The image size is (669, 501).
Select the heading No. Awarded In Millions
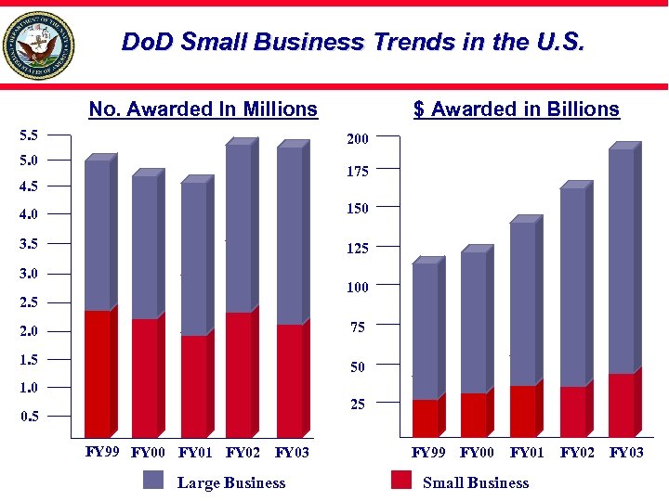pos(203,109)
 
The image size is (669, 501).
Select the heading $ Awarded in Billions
pos(517,109)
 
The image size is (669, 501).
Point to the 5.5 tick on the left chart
pos(30,135)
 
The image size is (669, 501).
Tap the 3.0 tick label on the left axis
pos(30,274)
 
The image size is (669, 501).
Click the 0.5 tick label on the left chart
pos(30,416)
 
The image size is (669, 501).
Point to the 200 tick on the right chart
pos(358,139)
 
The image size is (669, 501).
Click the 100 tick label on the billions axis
pos(358,288)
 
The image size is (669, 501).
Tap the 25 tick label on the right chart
pos(358,405)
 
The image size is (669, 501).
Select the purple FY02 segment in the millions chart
pos(238,228)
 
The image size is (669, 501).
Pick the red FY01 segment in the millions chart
pos(193,385)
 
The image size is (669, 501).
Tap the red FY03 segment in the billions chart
pos(621,405)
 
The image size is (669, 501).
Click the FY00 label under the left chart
pos(150,454)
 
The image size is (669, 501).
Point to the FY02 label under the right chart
pos(577,454)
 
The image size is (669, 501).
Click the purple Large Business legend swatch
pos(153,480)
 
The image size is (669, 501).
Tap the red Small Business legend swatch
pos(400,480)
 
